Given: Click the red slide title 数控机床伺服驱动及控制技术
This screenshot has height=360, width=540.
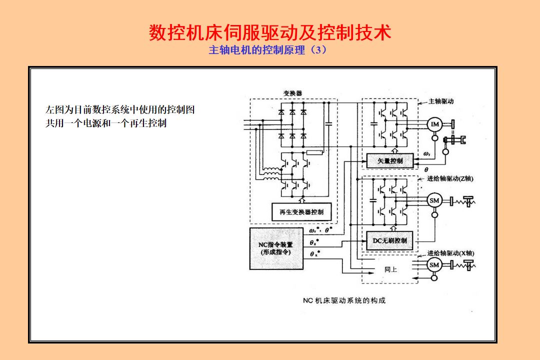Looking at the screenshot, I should click(270, 32).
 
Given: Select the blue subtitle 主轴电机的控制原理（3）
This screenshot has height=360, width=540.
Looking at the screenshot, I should click(267, 50).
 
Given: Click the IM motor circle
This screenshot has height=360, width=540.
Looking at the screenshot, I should click(434, 124).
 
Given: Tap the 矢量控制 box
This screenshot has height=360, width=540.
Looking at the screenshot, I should click(390, 161).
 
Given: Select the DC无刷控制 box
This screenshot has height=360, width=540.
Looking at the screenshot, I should click(390, 240).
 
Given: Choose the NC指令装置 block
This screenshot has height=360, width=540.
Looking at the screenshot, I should click(276, 248).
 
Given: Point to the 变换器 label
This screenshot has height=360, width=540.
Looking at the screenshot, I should click(292, 93).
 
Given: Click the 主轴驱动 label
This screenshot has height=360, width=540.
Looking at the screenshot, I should click(441, 101).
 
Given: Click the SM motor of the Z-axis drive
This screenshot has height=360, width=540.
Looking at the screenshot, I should click(434, 201).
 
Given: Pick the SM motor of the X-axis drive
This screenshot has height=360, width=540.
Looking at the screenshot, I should click(434, 264).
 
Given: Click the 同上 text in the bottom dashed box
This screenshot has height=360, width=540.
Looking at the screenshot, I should click(390, 269).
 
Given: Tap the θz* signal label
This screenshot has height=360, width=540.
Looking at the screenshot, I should click(314, 242).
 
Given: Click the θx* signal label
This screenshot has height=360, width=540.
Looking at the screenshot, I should click(314, 254).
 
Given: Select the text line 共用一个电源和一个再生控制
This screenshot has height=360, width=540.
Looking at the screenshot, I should click(106, 123).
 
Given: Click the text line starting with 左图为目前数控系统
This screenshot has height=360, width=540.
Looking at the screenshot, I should click(120, 110).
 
